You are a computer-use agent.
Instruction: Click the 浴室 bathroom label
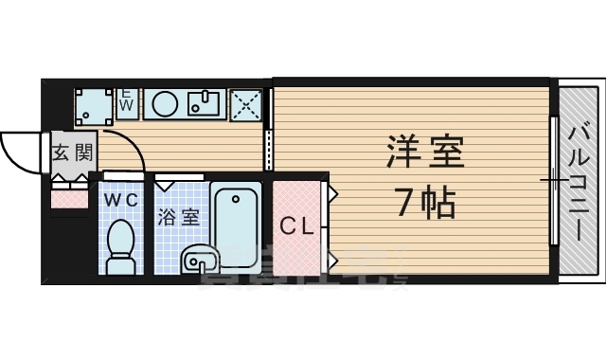coord(178,217)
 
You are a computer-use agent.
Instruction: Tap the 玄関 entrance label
coord(71,153)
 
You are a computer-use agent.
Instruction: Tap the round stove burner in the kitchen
coord(164,103)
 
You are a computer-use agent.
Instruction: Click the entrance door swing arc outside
coord(21,152)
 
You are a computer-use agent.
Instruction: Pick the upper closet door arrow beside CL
coord(332,194)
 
